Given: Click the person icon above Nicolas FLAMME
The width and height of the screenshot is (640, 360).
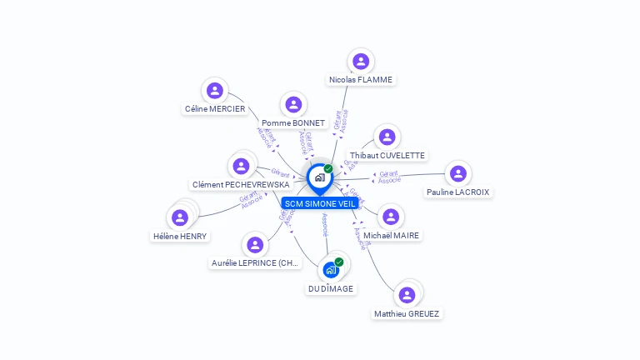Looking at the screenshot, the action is tap(361, 61).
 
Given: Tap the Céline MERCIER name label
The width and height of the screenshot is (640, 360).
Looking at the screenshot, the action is tap(215, 109).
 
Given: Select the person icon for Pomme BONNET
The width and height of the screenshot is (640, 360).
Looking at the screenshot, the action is tap(293, 104).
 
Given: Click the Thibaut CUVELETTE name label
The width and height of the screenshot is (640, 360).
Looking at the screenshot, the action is tap(387, 156).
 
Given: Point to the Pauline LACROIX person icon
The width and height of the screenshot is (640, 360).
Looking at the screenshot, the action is tap(457, 173).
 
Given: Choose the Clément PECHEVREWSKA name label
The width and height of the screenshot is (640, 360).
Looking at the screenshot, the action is tap(241, 185).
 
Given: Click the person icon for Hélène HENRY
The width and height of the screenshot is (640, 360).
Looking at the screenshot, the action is tap(180, 218).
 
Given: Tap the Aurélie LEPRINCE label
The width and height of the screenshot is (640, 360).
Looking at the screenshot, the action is tap(255, 263).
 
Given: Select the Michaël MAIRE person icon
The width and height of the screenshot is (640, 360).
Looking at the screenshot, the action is tap(391, 217).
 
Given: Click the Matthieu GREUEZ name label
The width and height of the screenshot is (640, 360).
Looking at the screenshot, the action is tap(407, 314).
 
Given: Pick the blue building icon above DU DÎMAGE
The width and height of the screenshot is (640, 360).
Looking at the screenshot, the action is tap(331, 270).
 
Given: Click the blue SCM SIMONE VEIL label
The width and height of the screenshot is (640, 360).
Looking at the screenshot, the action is tap(319, 203).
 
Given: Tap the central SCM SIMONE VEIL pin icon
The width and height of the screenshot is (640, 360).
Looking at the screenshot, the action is tap(319, 177).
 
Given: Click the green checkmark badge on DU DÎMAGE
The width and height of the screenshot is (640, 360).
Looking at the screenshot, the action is tap(339, 262).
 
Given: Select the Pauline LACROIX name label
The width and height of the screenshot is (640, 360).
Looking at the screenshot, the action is tap(458, 192).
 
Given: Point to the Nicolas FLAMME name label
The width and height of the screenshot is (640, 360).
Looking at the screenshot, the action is tap(361, 80).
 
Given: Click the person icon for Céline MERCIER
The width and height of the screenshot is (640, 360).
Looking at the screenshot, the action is tap(215, 90).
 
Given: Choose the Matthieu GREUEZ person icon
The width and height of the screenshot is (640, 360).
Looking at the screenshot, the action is tap(407, 295).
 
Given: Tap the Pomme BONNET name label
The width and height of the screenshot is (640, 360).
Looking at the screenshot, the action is tap(293, 123).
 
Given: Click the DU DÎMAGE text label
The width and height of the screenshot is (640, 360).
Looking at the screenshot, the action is tap(331, 289).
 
